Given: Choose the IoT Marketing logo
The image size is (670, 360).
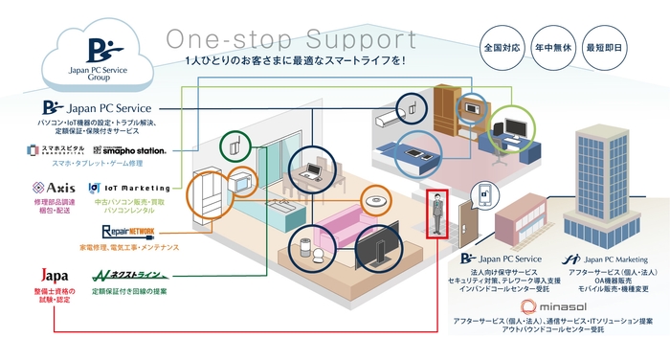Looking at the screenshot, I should [x=128, y=188].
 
